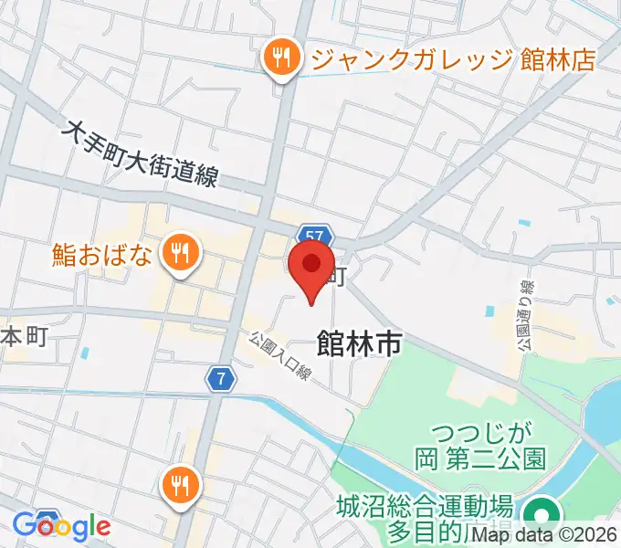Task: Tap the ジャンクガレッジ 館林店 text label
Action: coord(453,59)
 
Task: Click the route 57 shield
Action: coord(313,236)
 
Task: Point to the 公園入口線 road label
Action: coord(281,356)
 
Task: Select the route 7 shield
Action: coord(217,377)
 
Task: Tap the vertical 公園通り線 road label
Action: coord(525,316)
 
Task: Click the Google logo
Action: coord(61,526)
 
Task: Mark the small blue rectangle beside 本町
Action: coord(85,352)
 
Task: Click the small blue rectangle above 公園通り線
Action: coord(524,222)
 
